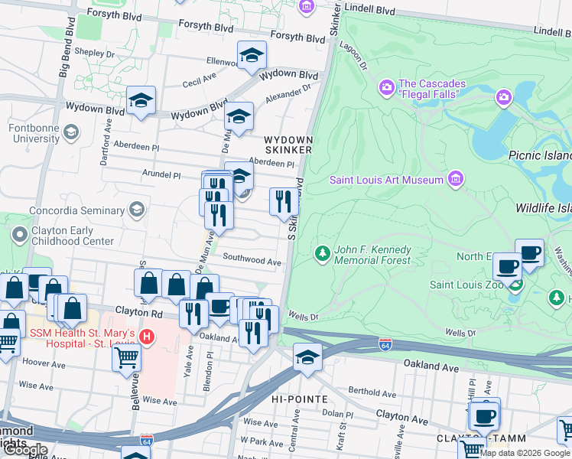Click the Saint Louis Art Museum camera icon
456,179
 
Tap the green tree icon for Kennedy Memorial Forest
323,253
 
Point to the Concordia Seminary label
76,210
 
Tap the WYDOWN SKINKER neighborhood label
288,145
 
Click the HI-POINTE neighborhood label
300,399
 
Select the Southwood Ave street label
252,261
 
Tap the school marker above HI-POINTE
307,358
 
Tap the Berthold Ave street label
371,393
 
